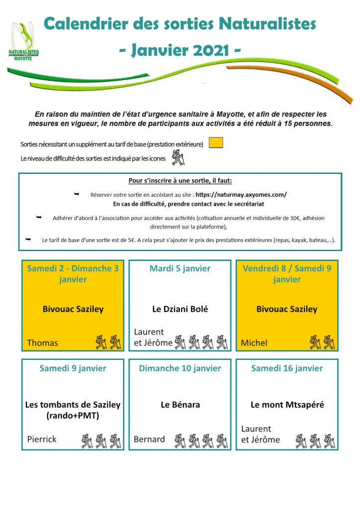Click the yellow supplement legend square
tap(216, 143)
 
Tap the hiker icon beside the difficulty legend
tap(178, 158)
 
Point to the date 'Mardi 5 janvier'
tap(180, 268)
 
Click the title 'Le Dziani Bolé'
tap(180, 309)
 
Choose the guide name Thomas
tap(42, 342)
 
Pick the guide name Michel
tap(254, 342)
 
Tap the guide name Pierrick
tap(42, 439)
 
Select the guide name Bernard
tap(149, 439)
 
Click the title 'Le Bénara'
tap(180, 405)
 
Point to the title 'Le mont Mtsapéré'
tap(287, 405)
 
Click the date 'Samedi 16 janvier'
tap(287, 368)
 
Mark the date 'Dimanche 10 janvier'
tap(180, 368)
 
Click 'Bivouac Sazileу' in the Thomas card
tap(73, 309)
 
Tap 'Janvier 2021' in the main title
tap(180, 51)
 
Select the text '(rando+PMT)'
tap(73, 415)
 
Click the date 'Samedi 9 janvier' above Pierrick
tap(73, 368)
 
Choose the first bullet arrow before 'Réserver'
tap(76, 194)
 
